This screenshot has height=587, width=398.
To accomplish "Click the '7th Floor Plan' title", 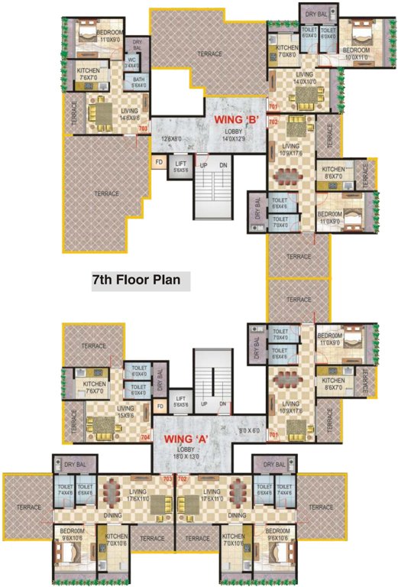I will point(136,280).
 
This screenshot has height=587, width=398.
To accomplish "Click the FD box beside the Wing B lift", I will point(159,162).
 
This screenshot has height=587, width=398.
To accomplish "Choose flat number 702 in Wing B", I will point(273,122).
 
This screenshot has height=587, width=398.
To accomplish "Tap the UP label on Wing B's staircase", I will point(203,165).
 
